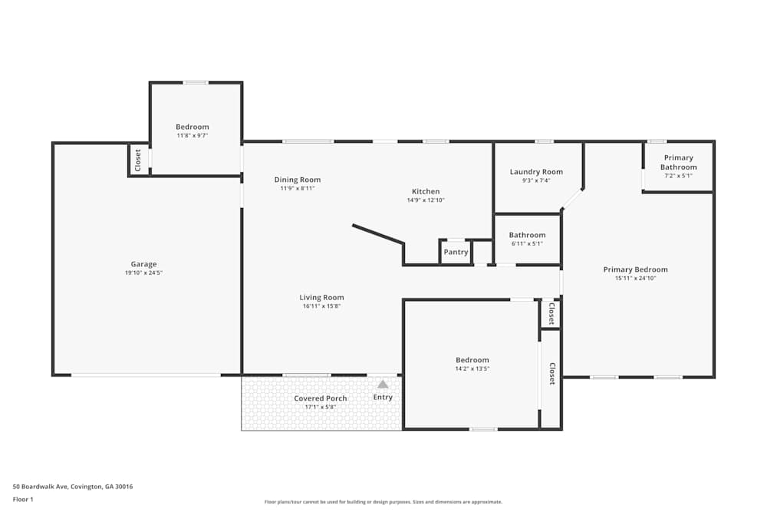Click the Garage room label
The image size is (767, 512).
(x=143, y=264)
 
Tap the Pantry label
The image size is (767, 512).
(x=456, y=252)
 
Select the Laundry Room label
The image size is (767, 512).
(x=536, y=172)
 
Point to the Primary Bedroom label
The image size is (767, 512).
(x=635, y=269)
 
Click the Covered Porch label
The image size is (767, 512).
(x=321, y=398)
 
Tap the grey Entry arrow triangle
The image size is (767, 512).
(x=383, y=385)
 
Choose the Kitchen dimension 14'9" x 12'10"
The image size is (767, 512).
(x=426, y=200)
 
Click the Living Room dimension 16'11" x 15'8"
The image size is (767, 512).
(x=321, y=306)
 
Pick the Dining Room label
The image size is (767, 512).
(x=298, y=180)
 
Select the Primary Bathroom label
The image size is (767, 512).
(x=679, y=162)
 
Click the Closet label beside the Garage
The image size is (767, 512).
(x=138, y=160)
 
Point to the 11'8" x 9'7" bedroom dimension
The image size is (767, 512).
(x=193, y=136)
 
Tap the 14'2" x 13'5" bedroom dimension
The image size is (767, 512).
(x=472, y=368)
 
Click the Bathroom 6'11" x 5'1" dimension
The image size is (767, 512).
(x=527, y=244)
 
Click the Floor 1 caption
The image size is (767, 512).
(x=23, y=499)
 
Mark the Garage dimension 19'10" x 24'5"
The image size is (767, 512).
(x=143, y=273)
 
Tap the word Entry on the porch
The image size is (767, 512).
(x=383, y=397)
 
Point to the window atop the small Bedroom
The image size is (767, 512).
(x=196, y=83)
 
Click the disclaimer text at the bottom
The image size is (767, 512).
(x=383, y=502)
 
